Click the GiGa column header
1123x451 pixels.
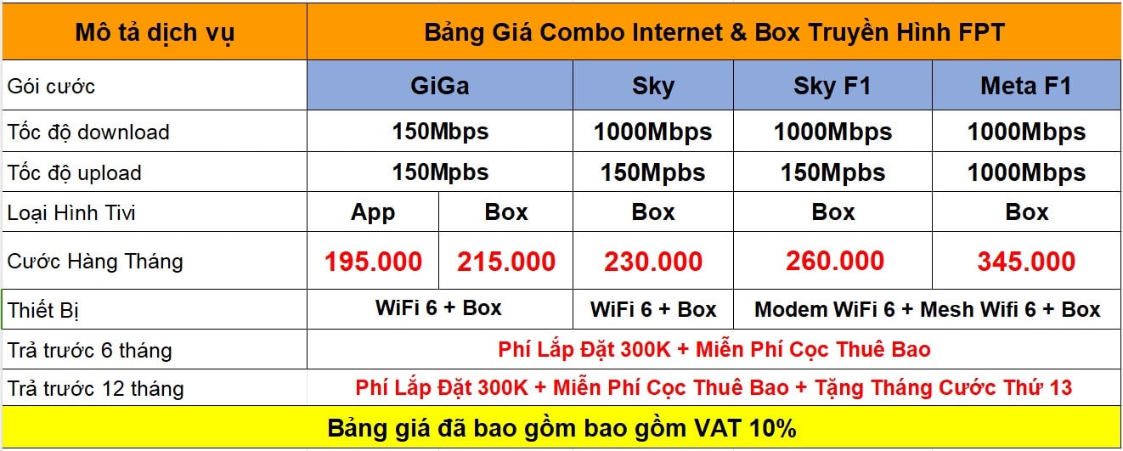point(440,86)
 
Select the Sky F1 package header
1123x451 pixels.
point(832,86)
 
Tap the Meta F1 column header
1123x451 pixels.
point(1026,86)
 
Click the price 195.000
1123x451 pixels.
point(373,262)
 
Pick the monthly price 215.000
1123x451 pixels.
point(505,262)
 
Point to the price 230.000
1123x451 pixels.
point(652,262)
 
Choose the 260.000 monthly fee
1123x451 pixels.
point(835,261)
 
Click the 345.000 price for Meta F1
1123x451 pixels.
point(1026,262)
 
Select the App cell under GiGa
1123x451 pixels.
point(373,212)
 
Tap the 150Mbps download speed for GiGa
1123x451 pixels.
point(440,132)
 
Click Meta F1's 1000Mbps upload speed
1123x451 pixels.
point(1026,173)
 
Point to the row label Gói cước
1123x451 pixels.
point(51,87)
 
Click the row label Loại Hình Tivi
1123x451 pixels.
point(71,213)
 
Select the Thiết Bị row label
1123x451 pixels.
point(43,310)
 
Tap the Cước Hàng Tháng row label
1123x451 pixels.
point(95,262)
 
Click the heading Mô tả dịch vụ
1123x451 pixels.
point(155,33)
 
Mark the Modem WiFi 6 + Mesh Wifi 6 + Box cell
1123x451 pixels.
point(927,309)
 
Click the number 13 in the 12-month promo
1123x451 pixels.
point(1060,388)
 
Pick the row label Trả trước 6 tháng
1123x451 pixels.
point(89,350)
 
